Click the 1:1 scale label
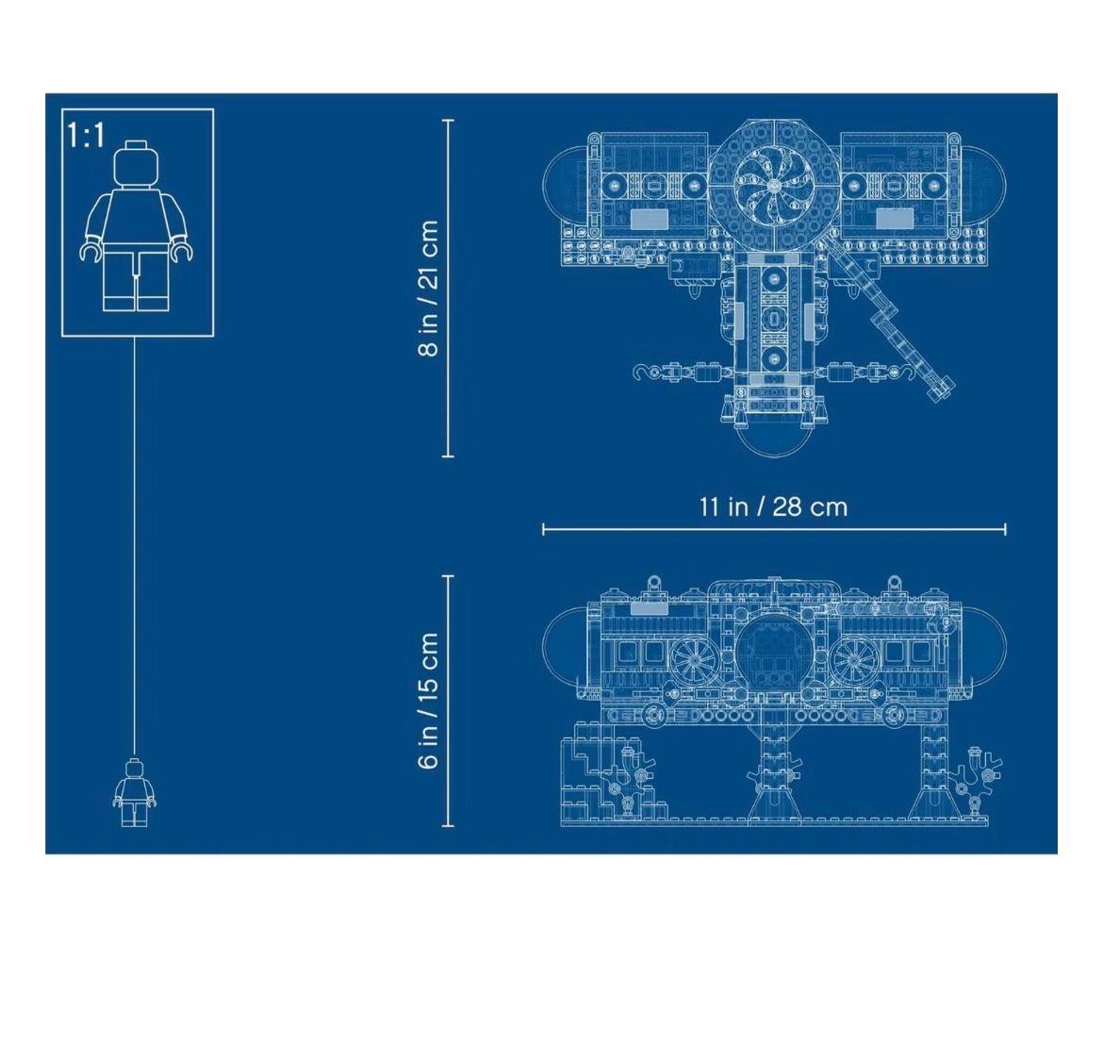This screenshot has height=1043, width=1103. point(86,135)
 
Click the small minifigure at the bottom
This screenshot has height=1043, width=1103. point(135,792)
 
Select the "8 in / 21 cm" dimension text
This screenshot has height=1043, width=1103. point(429,289)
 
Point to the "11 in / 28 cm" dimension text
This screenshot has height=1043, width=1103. point(774,506)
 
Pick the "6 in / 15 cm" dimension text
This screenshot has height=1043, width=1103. point(429,701)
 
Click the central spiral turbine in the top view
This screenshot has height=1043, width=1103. point(774,186)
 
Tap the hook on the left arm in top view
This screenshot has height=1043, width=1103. point(643,372)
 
